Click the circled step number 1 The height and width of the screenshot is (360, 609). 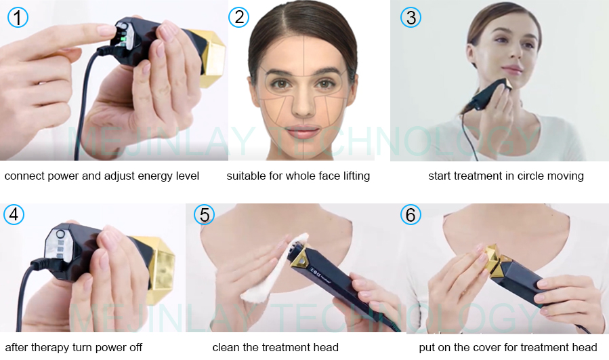coord(18,17)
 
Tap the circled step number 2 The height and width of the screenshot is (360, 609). coord(238,17)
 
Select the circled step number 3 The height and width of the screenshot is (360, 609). coord(411,17)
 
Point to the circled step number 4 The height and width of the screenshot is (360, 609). coord(14,215)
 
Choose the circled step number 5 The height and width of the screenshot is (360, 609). coord(204,215)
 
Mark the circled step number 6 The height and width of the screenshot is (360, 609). coord(411,215)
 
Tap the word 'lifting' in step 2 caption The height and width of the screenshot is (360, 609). coord(352,176)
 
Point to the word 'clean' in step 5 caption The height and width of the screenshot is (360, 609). coord(226,348)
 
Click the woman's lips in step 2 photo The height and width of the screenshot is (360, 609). coord(303,130)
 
